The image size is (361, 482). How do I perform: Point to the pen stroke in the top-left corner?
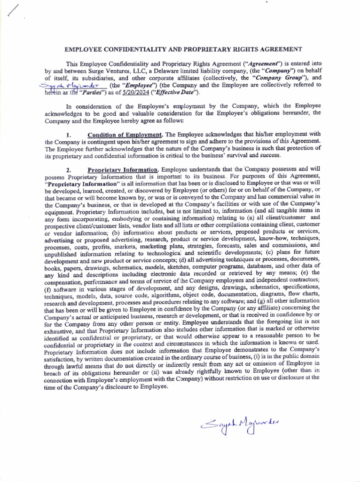(x=14, y=10)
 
